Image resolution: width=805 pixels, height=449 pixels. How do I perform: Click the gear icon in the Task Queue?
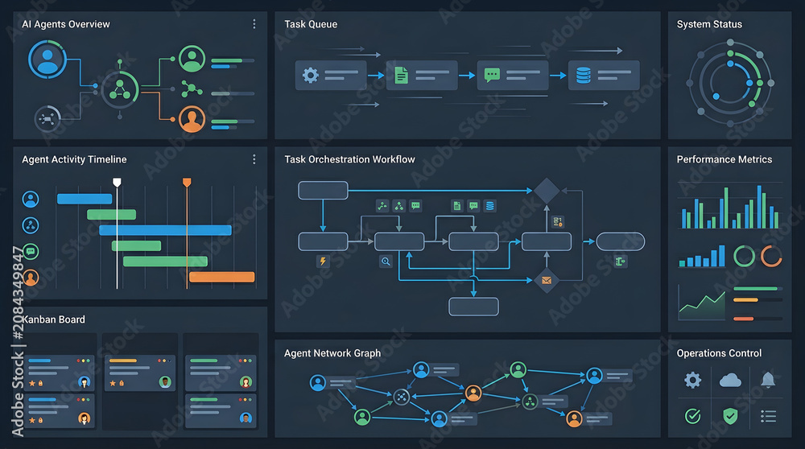310,76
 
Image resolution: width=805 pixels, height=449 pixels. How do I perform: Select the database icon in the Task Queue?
583,76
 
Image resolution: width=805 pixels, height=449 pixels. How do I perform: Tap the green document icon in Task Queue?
402,76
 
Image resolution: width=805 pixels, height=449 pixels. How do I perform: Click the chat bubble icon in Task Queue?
492,75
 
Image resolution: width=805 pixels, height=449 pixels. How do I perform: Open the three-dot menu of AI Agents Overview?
254,24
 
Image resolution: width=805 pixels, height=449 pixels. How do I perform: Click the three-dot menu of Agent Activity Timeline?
254,159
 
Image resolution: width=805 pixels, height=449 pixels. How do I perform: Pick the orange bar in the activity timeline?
222,277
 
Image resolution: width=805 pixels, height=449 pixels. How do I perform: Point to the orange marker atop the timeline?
187,182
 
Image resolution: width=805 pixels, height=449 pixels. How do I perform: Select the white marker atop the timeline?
117,182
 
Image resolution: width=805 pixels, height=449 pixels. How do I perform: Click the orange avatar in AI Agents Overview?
192,119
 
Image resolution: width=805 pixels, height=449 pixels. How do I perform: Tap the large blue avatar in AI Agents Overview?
47,60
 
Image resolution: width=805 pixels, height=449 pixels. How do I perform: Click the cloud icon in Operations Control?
730,381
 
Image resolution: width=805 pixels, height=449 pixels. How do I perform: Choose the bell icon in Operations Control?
768,381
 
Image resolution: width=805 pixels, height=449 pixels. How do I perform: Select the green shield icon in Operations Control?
730,416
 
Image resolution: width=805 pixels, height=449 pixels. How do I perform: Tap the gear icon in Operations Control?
692,381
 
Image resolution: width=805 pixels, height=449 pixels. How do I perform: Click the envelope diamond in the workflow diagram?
547,280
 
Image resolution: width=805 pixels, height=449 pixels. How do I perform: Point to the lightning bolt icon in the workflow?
323,262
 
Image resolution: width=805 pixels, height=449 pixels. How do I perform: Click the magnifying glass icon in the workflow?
386,262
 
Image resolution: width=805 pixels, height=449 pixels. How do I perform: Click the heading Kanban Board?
54,319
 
